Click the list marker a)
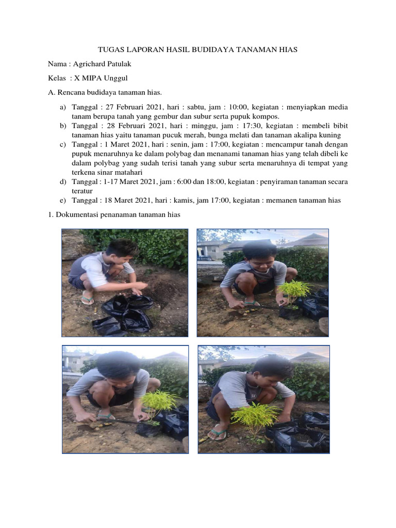coord(63,107)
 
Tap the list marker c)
coord(63,144)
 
